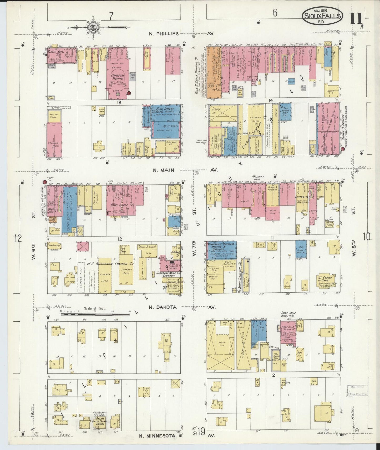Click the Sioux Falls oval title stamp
[x=322, y=16]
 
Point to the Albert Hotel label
[x=55, y=51]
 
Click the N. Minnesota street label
[x=157, y=436]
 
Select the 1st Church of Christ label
[x=325, y=279]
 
